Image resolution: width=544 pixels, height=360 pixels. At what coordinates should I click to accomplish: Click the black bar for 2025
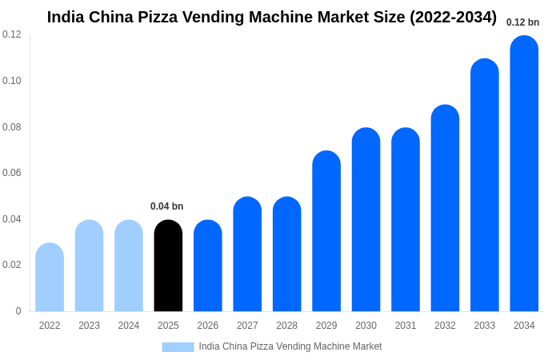(x=168, y=266)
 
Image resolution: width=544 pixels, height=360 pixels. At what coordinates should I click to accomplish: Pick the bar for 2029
(x=326, y=231)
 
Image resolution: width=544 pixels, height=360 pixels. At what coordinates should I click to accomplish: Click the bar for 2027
(x=247, y=254)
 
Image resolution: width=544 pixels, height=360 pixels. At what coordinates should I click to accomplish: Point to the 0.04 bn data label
(x=166, y=206)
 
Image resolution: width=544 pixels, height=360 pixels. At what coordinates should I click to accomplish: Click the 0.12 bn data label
(x=522, y=22)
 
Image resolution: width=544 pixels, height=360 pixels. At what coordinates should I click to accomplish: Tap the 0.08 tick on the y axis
(x=12, y=127)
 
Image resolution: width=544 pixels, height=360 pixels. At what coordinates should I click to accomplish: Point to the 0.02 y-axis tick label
(x=12, y=265)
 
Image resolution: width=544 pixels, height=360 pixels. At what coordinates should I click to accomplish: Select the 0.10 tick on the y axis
(x=12, y=81)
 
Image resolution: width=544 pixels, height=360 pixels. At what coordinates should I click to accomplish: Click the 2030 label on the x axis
(x=366, y=326)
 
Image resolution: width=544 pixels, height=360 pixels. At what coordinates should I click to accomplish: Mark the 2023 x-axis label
(x=89, y=326)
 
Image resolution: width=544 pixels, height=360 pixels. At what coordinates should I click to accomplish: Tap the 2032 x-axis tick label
(x=445, y=326)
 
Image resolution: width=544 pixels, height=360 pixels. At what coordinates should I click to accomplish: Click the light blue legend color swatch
(x=178, y=347)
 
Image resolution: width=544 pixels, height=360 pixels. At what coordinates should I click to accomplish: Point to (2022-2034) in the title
(x=453, y=17)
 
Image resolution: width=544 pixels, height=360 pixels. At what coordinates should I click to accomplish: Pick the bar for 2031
(x=406, y=220)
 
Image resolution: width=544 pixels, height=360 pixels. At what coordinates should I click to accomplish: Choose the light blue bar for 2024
(x=129, y=266)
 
